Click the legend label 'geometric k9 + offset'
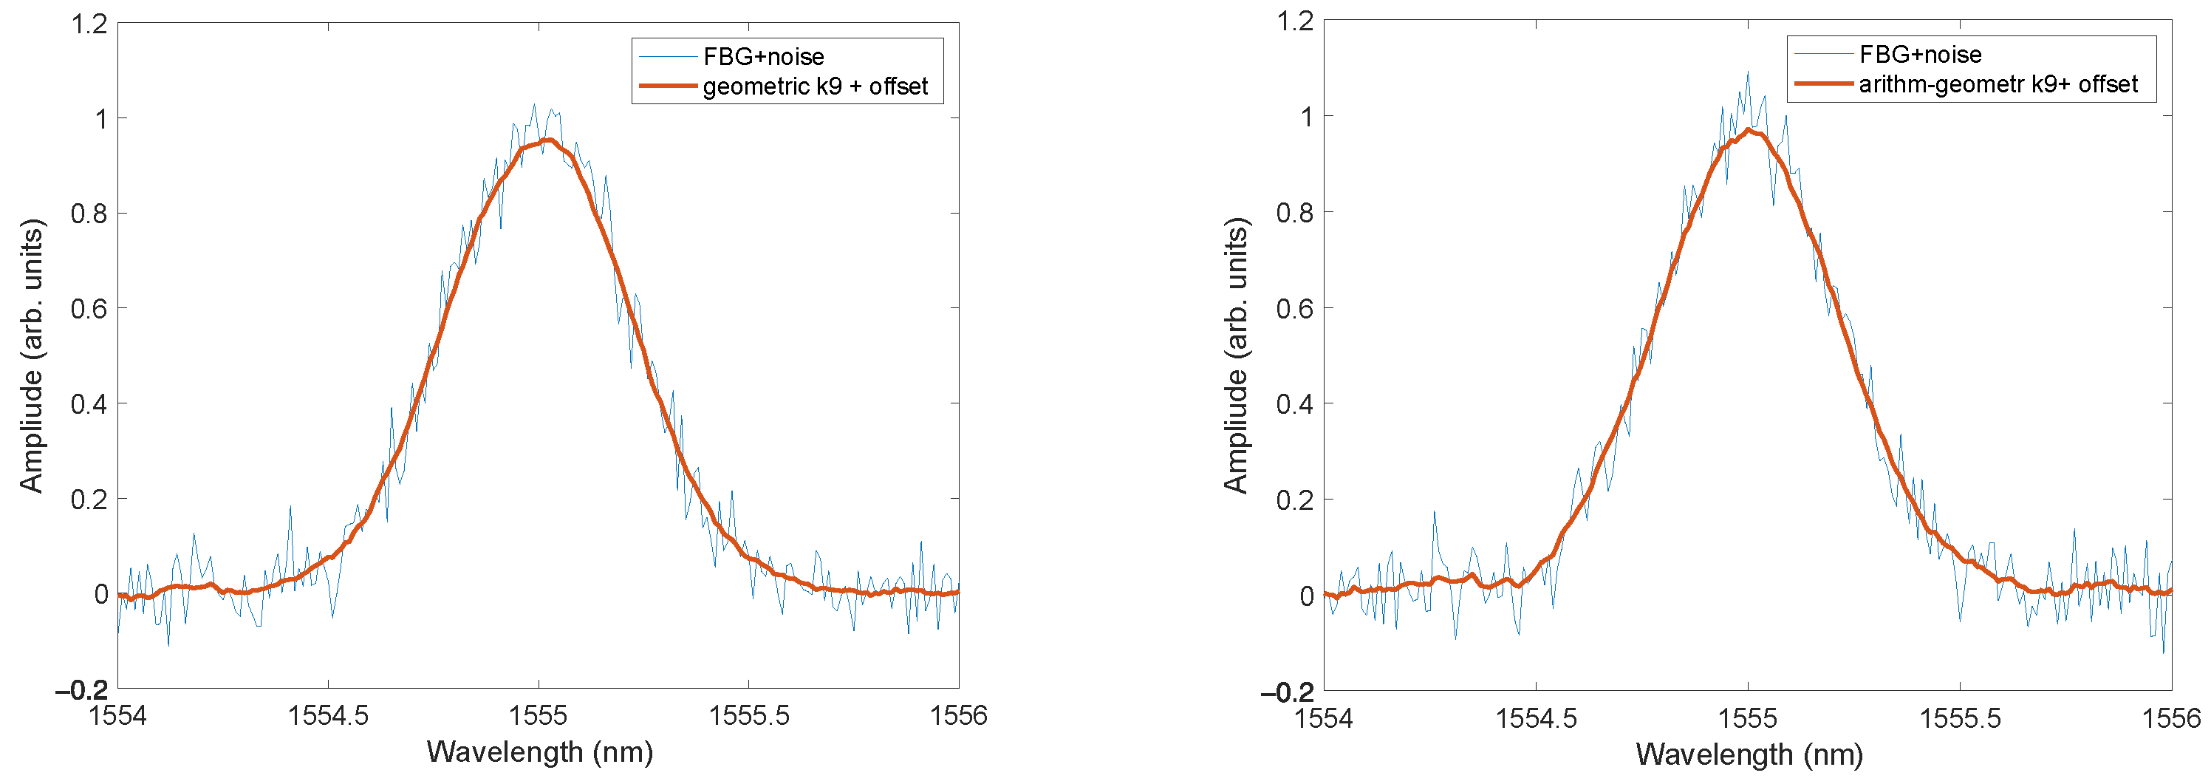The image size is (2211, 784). tap(815, 86)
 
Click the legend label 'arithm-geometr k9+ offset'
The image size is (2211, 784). tap(1998, 84)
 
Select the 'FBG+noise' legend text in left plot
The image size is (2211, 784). tap(763, 57)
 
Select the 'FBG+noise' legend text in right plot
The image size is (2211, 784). tap(1920, 55)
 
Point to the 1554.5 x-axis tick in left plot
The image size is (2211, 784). tap(328, 715)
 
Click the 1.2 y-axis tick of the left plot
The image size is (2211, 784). tap(89, 24)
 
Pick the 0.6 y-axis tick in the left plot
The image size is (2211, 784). tap(89, 309)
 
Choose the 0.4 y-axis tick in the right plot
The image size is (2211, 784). tap(1294, 404)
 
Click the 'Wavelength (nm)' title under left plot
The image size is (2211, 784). tap(540, 752)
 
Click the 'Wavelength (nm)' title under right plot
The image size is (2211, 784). tap(1749, 754)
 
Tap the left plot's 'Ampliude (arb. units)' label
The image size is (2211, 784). tap(32, 355)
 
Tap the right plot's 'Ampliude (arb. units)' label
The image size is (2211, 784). tap(1236, 355)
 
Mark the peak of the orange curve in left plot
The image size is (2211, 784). tap(550, 139)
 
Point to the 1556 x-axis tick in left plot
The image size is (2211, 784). tap(958, 715)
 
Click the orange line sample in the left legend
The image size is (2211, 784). tap(667, 86)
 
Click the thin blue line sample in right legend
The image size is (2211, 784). tap(1823, 54)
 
